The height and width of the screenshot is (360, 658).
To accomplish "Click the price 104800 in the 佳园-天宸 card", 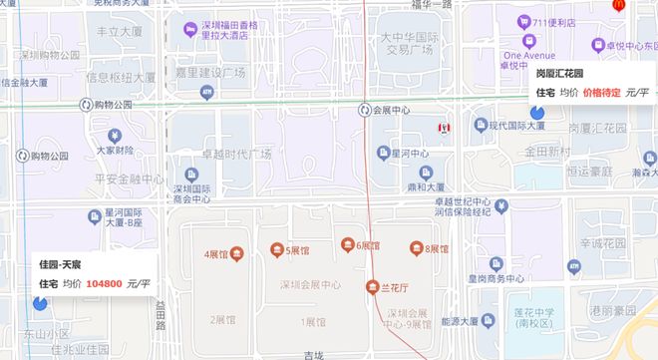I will [x=104, y=284].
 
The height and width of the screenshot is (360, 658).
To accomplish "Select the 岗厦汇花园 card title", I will [x=566, y=74].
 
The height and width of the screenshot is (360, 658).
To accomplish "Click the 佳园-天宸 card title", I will [x=60, y=264].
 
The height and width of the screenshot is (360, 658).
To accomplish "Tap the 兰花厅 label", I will [x=390, y=286].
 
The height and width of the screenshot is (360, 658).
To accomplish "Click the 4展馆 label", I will [x=222, y=253].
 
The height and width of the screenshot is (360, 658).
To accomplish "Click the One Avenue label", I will [x=530, y=56].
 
